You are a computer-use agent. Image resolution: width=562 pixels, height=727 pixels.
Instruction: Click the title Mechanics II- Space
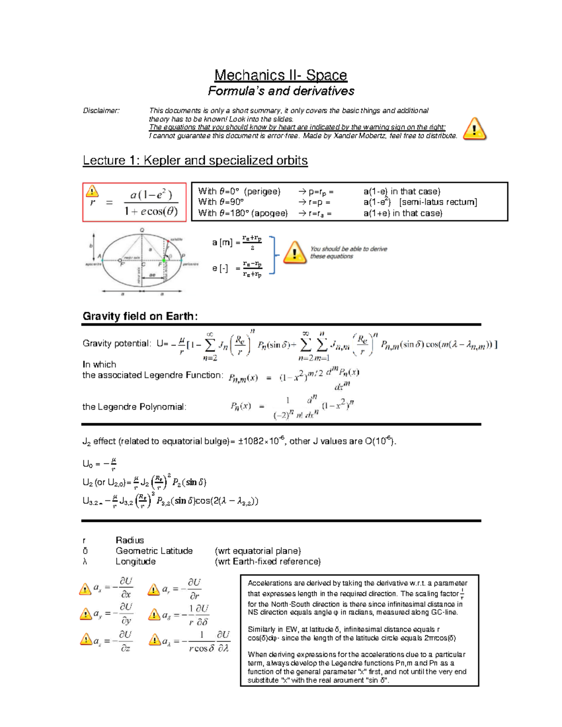click(x=281, y=75)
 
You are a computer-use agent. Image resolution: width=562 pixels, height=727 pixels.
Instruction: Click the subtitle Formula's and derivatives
click(x=281, y=91)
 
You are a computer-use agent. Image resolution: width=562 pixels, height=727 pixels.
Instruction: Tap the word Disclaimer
click(x=101, y=111)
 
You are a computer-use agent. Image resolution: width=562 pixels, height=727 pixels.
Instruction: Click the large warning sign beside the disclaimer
click(x=474, y=129)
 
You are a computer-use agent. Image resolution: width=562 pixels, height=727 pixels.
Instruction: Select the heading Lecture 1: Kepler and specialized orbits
click(x=195, y=161)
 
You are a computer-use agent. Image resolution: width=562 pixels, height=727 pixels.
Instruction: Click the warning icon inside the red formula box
click(x=92, y=191)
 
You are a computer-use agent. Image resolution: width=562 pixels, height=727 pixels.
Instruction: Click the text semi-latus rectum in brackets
click(x=438, y=202)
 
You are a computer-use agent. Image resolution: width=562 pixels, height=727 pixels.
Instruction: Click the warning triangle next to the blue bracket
click(x=295, y=253)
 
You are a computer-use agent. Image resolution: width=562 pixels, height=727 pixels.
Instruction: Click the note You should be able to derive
click(x=348, y=249)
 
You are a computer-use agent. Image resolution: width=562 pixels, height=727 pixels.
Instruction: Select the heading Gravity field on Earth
click(x=140, y=316)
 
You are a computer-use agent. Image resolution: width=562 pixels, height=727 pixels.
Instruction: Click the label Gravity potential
click(x=117, y=344)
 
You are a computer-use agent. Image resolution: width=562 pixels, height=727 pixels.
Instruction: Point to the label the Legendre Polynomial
click(x=134, y=407)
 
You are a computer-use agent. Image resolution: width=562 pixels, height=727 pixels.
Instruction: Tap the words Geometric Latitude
click(x=154, y=551)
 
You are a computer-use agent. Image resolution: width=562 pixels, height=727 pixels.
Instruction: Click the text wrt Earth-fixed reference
click(x=267, y=562)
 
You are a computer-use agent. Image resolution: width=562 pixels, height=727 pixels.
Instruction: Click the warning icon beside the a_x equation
click(x=85, y=589)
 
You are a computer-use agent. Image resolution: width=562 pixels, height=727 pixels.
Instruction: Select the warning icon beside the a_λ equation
click(x=154, y=640)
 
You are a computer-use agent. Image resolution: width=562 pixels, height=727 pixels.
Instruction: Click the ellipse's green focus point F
click(x=164, y=260)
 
